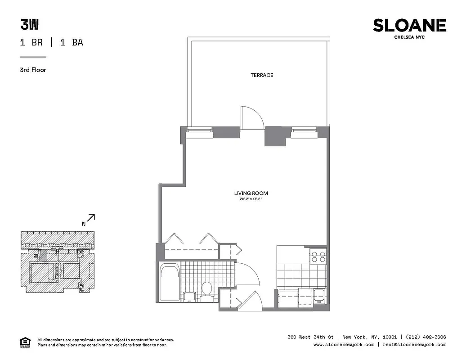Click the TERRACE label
point(262,75)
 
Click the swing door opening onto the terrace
point(251,118)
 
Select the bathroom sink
point(189,296)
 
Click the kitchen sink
point(320,296)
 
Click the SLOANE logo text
point(409,26)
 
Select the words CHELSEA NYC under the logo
point(409,37)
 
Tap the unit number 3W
point(27,24)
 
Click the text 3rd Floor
point(33,70)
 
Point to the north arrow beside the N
point(91,218)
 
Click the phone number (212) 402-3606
point(426,337)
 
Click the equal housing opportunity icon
point(24,342)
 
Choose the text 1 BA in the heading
point(72,43)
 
